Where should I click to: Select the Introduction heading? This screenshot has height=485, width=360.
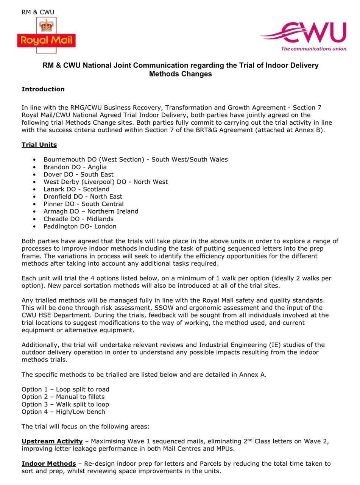coord(43,89)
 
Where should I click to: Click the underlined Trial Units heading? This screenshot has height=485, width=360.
coord(39,145)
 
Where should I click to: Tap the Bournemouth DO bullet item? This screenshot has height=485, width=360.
coord(136,160)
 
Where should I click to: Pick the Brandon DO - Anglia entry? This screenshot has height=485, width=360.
coord(75,167)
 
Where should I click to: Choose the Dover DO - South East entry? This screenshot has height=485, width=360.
coord(78,174)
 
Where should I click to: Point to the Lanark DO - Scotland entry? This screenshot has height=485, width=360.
coord(76,189)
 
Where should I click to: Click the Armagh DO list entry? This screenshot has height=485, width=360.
coord(91,211)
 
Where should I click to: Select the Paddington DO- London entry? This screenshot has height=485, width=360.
coord(80,226)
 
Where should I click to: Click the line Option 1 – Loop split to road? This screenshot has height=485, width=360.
coord(65,390)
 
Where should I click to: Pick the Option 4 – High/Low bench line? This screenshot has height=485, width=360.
coord(63,411)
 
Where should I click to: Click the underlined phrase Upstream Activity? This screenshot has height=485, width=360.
coord(52,441)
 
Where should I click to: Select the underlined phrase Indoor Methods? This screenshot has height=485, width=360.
coord(49,463)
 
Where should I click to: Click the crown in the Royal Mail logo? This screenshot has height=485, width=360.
coord(47,26)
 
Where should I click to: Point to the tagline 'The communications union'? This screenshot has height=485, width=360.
coord(313,48)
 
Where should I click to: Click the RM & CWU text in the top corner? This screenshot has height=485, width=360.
coord(38,12)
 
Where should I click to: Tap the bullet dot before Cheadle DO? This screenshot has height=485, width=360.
coord(35,219)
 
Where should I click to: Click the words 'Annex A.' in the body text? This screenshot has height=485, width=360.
coord(253,375)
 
